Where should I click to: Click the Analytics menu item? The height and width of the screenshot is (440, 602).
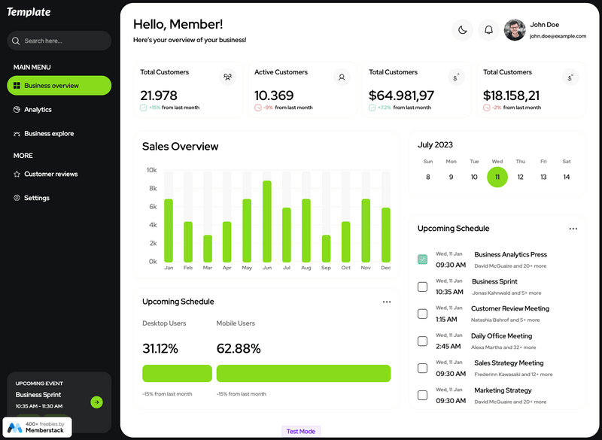(38, 110)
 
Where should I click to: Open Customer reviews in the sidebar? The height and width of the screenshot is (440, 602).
(50, 174)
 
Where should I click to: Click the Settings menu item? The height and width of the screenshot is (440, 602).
(36, 199)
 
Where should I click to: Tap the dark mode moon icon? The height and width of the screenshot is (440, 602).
(462, 30)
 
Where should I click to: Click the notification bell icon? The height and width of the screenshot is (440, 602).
(488, 30)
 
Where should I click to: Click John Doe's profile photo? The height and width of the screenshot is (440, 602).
(515, 30)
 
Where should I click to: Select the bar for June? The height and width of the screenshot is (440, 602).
(267, 221)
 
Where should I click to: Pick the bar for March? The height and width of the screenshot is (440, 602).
(208, 248)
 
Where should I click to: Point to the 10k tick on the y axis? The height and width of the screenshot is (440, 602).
(151, 170)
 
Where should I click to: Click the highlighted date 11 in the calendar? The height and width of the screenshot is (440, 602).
(497, 178)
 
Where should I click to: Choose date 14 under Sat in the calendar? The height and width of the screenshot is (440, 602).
(567, 178)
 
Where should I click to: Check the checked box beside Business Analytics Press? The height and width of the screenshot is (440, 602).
(422, 259)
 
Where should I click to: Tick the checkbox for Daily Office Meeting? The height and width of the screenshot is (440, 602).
(422, 341)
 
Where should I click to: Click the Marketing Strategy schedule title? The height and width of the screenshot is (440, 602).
(503, 390)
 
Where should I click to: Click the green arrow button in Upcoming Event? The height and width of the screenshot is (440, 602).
(96, 402)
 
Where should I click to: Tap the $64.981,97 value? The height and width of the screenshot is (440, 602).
(401, 96)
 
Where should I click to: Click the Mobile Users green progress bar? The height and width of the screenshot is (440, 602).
(303, 374)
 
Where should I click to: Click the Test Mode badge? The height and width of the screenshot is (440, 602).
(301, 432)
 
